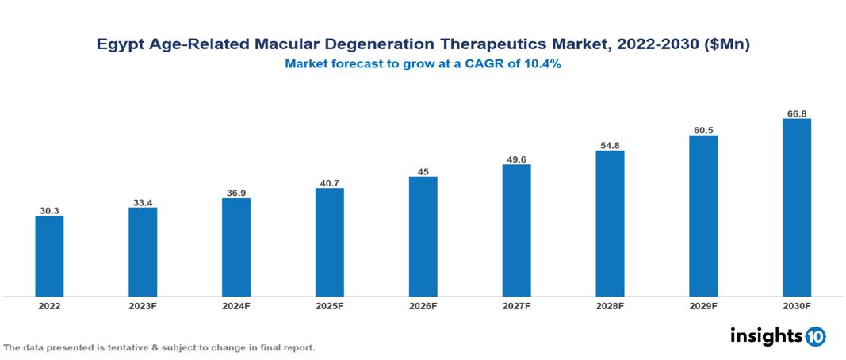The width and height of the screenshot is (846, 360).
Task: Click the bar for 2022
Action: click(49, 256)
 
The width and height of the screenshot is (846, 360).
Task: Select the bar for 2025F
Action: click(329, 242)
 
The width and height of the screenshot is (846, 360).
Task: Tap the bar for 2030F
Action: click(796, 208)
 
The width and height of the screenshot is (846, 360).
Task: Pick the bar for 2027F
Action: click(516, 231)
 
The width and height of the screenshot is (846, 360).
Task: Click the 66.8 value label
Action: click(796, 113)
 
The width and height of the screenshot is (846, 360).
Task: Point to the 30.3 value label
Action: click(49, 211)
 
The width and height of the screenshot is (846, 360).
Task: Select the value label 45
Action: click(423, 171)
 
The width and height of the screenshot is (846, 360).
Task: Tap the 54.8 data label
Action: click(610, 145)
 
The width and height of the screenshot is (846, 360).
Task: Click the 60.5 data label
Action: click(703, 130)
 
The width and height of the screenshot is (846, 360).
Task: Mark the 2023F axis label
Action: click(143, 305)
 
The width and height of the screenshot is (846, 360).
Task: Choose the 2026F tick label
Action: click(423, 305)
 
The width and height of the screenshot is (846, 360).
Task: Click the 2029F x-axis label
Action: click(703, 305)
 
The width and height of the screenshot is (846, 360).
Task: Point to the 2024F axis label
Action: click(236, 305)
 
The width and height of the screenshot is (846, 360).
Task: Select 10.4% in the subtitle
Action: click(541, 65)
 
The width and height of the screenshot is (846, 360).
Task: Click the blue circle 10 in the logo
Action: click(816, 336)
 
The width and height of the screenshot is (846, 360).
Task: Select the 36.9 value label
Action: click(236, 193)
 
